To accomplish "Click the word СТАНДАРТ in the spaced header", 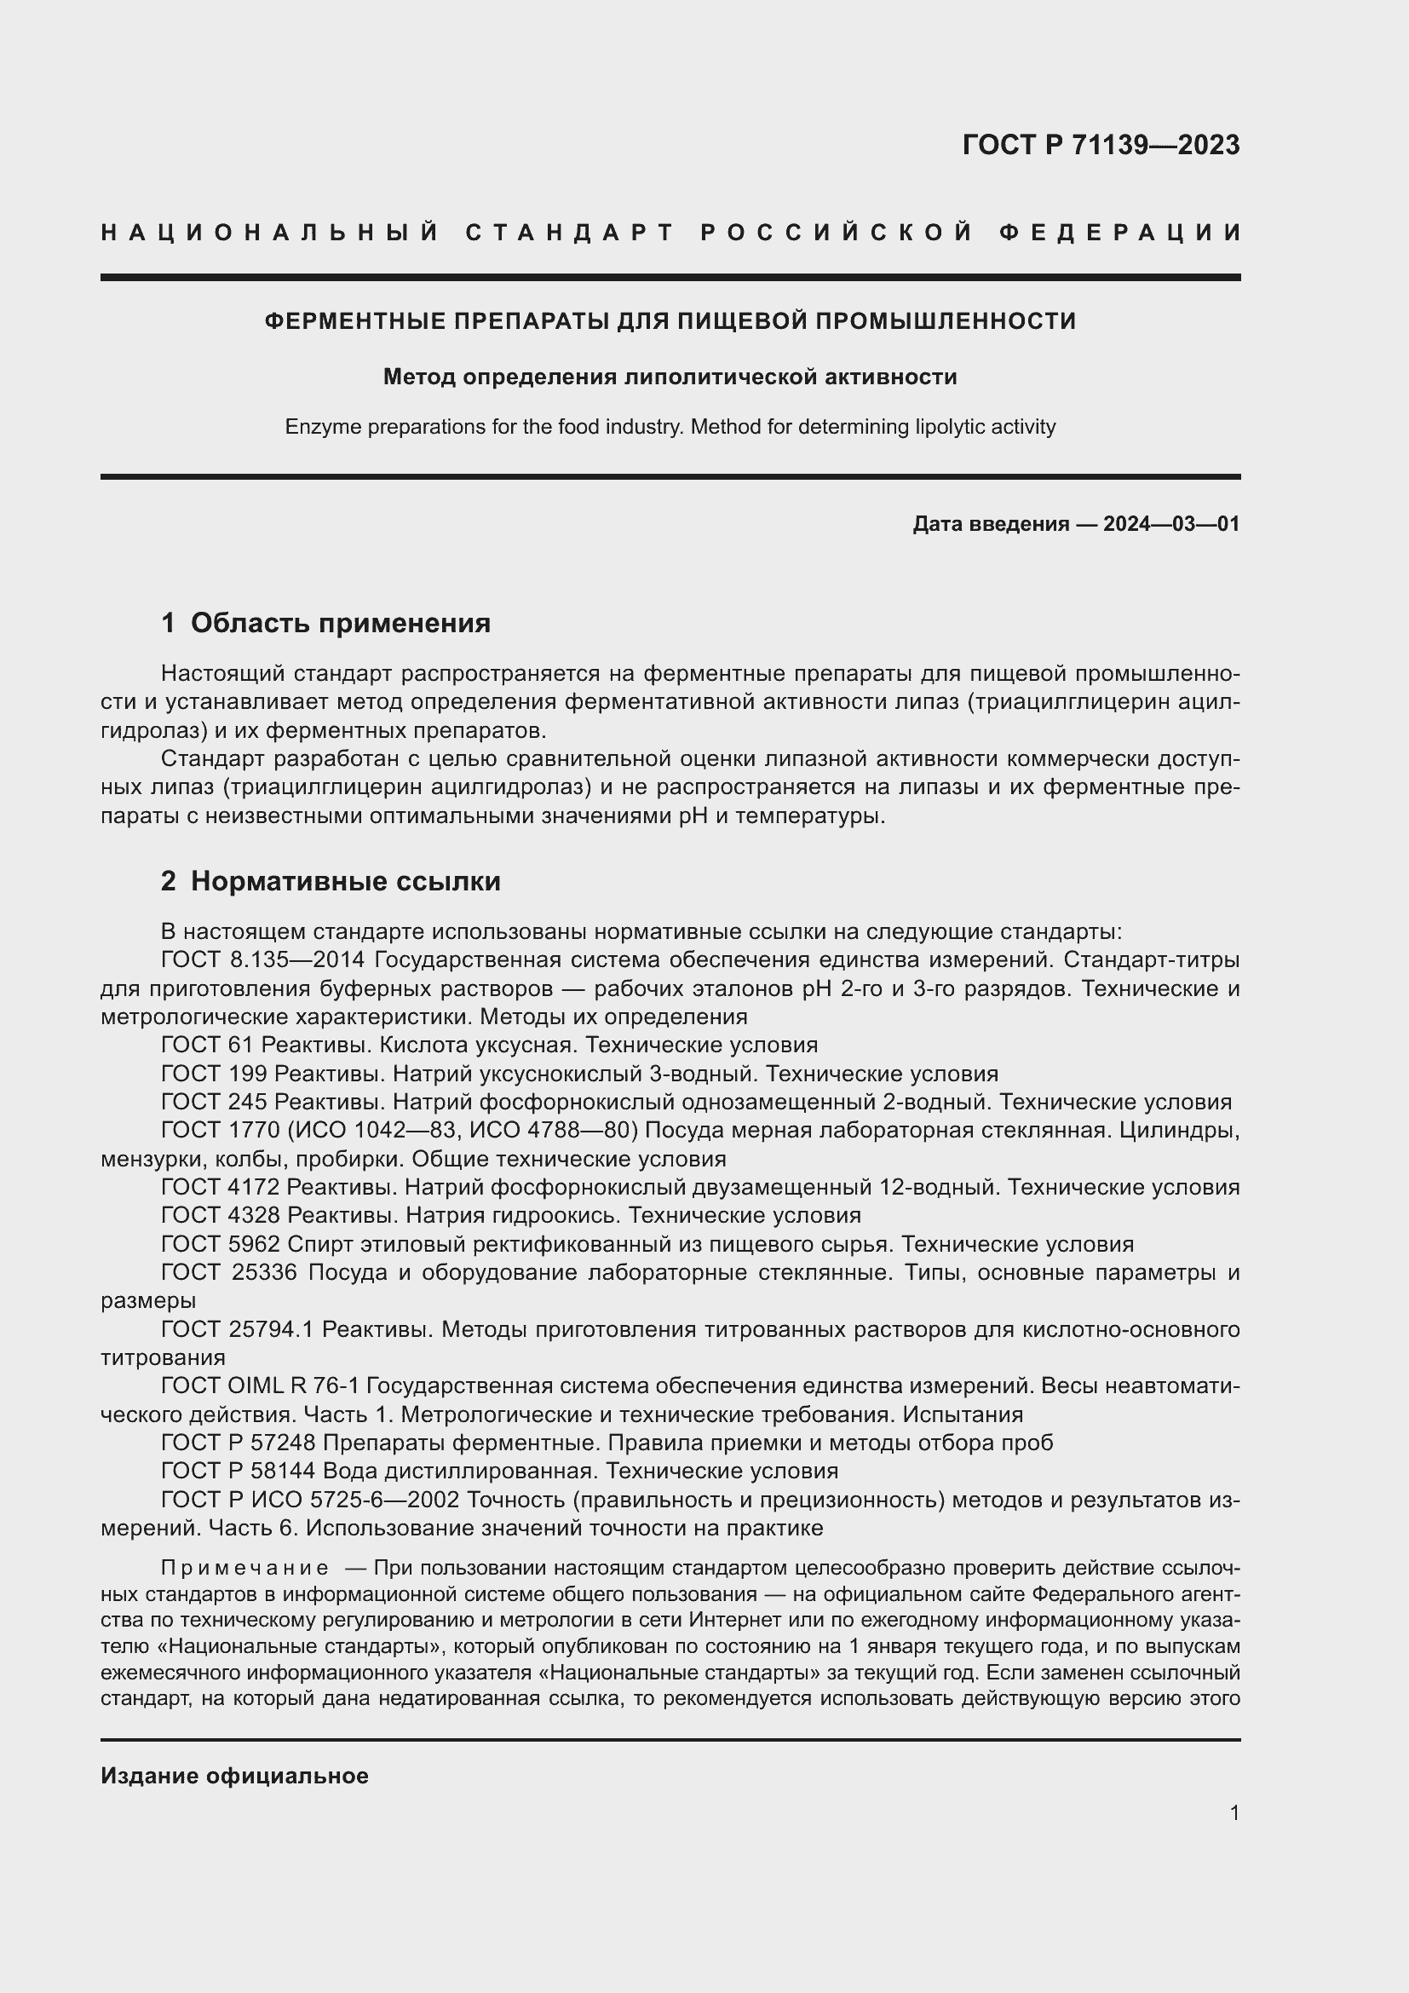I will click(570, 233).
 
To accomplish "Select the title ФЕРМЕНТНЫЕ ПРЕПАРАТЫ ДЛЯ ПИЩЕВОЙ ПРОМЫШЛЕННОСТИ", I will click(670, 321).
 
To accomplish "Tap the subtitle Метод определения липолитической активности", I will click(670, 377).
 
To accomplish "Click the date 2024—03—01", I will click(1171, 524).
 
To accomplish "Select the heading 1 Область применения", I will click(325, 623).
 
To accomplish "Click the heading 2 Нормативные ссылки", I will click(331, 881).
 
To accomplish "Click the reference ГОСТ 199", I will click(214, 1074).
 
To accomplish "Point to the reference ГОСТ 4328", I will click(221, 1215).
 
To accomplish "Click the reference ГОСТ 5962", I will click(221, 1244).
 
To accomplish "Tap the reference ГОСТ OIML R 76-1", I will click(260, 1386).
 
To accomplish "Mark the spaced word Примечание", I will click(244, 1569).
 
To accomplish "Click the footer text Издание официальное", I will click(234, 1775).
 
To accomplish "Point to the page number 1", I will click(1234, 1813).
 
